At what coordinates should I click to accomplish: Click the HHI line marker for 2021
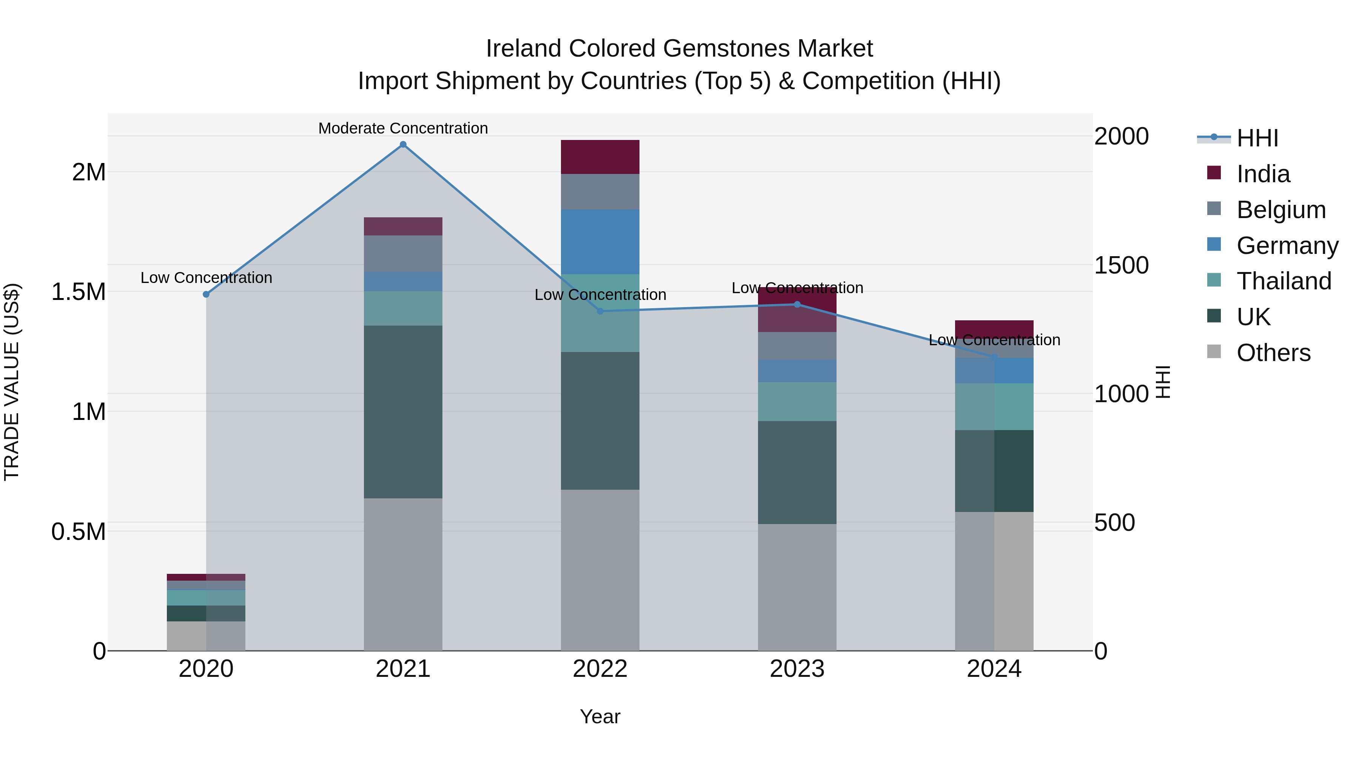coord(403,144)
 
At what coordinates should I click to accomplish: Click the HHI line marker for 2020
coord(206,294)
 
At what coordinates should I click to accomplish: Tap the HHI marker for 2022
coord(600,311)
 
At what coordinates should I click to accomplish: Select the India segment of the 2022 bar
coord(600,157)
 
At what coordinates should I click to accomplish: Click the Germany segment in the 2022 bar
coord(600,241)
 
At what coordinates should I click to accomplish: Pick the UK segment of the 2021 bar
coord(403,412)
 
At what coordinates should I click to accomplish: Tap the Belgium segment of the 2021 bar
coord(403,254)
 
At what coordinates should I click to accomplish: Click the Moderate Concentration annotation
coord(403,128)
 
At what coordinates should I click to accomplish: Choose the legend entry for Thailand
coord(1283,281)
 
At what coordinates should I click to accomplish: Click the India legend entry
coord(1263,174)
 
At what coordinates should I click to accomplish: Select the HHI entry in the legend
coord(1257,138)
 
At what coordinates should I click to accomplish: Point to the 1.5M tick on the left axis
coord(79,292)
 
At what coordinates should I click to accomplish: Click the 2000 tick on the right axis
coord(1121,136)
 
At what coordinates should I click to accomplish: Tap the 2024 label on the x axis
coord(994,669)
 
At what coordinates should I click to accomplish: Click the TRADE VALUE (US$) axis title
coord(12,382)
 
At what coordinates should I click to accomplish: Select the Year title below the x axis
coord(600,716)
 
